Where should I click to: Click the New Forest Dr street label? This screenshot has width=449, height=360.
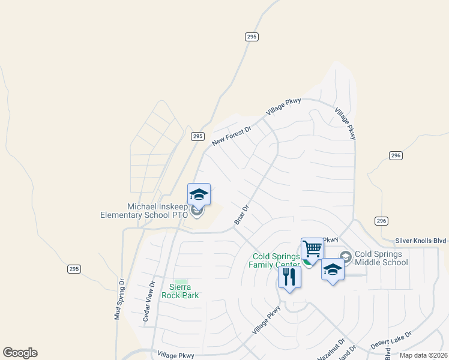pyautogui.click(x=231, y=135)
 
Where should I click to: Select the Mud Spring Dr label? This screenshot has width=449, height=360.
pyautogui.click(x=119, y=298)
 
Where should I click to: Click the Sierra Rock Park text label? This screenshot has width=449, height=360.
pyautogui.click(x=180, y=291)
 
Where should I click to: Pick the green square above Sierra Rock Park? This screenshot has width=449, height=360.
pyautogui.click(x=181, y=281)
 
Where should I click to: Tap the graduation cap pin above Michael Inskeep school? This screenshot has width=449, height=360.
pyautogui.click(x=199, y=194)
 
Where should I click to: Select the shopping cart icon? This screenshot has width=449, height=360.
pyautogui.click(x=312, y=248)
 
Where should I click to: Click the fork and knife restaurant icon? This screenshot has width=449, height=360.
pyautogui.click(x=289, y=277)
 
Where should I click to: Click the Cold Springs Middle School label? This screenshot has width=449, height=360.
pyautogui.click(x=382, y=258)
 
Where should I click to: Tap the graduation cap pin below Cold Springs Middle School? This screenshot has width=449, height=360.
pyautogui.click(x=333, y=269)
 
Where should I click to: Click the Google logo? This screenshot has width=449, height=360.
pyautogui.click(x=20, y=353)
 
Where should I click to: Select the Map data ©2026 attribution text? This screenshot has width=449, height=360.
pyautogui.click(x=423, y=355)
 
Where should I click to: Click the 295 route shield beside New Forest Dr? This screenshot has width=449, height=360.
pyautogui.click(x=198, y=136)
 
